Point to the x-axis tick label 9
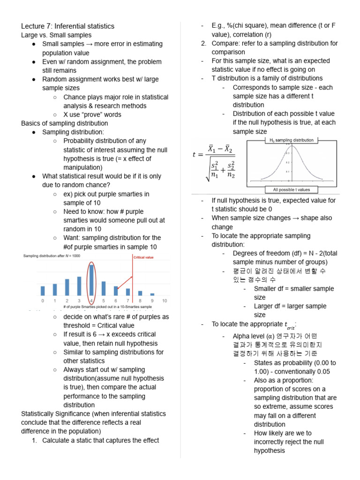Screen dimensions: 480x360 click(152, 300)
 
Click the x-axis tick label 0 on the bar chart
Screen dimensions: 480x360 click(43, 300)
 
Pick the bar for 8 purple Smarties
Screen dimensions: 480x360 click(140, 293)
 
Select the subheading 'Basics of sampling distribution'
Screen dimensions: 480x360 click(65, 123)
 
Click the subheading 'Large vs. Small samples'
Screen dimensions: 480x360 click(56, 35)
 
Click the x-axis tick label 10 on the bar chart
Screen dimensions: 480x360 click(164, 300)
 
